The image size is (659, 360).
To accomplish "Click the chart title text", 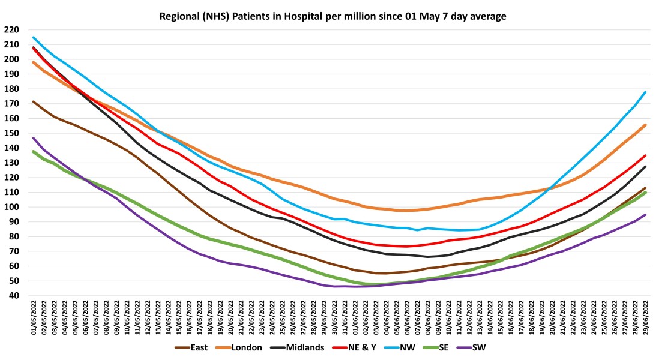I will (333, 16).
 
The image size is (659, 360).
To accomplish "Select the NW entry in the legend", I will (425, 347).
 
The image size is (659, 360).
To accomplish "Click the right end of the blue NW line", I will (645, 92).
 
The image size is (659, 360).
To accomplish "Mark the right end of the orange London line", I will (645, 125).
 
